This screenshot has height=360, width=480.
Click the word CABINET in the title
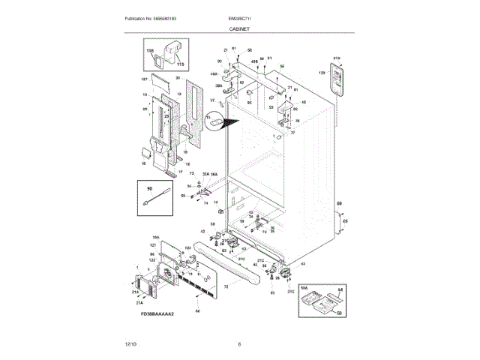click(239, 28)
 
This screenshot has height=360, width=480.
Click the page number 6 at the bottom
click(239, 344)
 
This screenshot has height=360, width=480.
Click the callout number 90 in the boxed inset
click(149, 189)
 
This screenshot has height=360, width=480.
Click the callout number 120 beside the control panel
click(322, 73)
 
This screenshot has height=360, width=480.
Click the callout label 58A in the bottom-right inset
click(304, 287)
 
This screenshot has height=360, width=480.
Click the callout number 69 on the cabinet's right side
click(339, 204)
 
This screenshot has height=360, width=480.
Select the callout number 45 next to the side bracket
click(344, 221)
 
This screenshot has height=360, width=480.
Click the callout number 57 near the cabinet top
click(212, 100)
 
